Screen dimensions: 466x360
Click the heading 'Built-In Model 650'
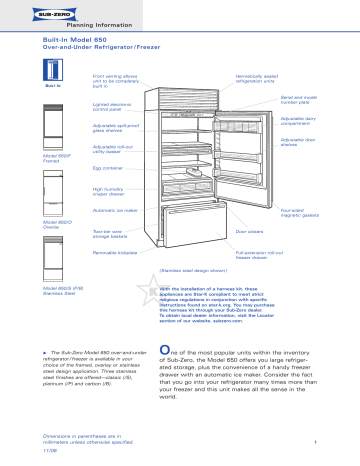[84, 35]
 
